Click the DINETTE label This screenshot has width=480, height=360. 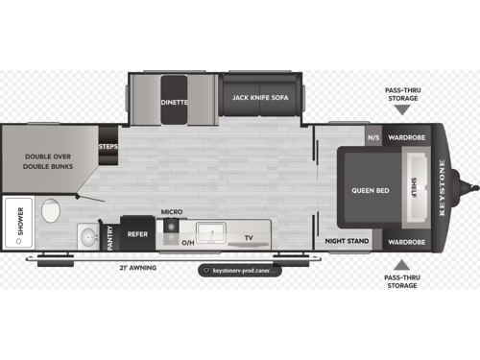pos(174,101)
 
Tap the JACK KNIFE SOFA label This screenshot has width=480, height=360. pos(261,97)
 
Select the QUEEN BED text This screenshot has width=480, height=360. pos(370,190)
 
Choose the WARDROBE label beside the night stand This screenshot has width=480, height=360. pos(409,241)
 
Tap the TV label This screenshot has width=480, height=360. pos(248,236)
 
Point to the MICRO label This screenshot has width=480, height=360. pos(171,211)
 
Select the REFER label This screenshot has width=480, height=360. pos(138,233)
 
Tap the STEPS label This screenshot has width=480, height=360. pos(108,147)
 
